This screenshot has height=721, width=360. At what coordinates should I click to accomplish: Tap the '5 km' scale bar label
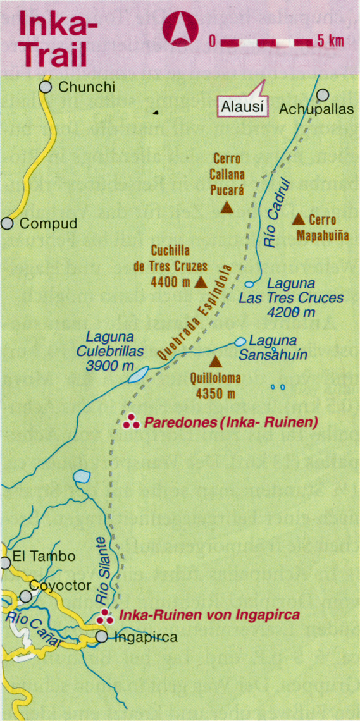[x=331, y=41]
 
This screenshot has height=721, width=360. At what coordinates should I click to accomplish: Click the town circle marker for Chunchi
[x=45, y=87]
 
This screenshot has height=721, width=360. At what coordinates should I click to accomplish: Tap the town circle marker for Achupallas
[x=323, y=95]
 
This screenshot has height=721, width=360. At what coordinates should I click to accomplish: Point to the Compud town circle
[x=8, y=223]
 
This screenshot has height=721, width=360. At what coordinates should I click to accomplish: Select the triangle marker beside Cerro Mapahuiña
[x=299, y=219]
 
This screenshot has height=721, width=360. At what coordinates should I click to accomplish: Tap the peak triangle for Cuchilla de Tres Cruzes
[x=201, y=282]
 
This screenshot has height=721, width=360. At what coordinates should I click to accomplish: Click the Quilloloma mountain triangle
[x=215, y=361]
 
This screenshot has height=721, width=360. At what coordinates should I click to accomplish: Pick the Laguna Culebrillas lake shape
[x=138, y=374]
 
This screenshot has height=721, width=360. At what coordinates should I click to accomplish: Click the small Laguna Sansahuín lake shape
[x=240, y=342]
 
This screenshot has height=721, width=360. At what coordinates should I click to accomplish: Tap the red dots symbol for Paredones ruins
[x=132, y=422]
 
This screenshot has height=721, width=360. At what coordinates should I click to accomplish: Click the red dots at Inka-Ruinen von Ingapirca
[x=106, y=615]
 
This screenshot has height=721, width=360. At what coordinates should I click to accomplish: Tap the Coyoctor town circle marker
[x=25, y=596]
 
